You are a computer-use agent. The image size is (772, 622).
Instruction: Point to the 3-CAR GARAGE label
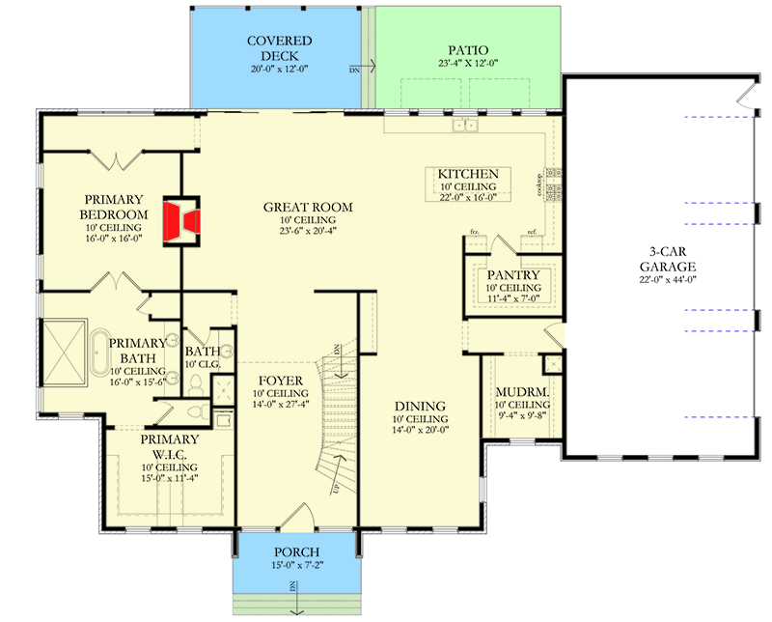(x=667, y=262)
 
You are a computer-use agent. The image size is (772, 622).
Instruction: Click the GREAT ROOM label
(x=309, y=207)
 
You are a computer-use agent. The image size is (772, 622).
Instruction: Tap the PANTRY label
(x=512, y=274)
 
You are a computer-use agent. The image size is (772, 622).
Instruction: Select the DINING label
(x=420, y=406)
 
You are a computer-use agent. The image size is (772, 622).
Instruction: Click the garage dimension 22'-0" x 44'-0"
(x=667, y=280)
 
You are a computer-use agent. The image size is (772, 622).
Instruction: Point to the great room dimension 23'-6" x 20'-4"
(x=309, y=232)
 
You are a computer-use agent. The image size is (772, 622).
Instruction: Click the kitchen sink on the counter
(x=459, y=127)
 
